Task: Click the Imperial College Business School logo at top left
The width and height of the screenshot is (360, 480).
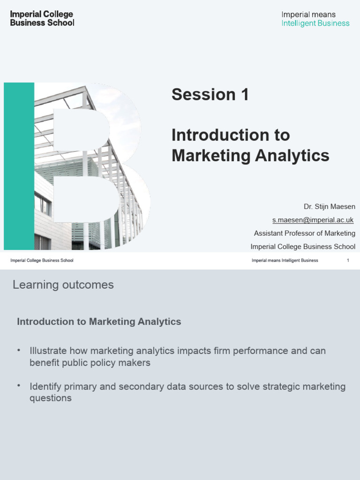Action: pyautogui.click(x=42, y=18)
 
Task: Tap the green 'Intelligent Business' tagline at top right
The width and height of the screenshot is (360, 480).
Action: pyautogui.click(x=315, y=23)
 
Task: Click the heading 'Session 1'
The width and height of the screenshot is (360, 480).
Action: pyautogui.click(x=210, y=95)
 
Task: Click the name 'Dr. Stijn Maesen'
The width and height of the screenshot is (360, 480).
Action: pyautogui.click(x=329, y=207)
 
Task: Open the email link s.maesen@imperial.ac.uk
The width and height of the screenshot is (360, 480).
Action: pyautogui.click(x=313, y=220)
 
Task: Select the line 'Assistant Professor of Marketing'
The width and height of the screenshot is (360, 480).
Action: pyautogui.click(x=304, y=233)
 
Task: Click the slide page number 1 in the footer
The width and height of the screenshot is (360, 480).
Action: pyautogui.click(x=348, y=261)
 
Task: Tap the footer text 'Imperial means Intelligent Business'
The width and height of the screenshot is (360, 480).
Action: pyautogui.click(x=285, y=261)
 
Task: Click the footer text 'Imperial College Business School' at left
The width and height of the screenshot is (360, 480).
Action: pyautogui.click(x=42, y=261)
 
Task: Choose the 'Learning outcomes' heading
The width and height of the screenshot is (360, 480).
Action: pyautogui.click(x=63, y=285)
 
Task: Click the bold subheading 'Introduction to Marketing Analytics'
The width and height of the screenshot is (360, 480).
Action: pyautogui.click(x=99, y=322)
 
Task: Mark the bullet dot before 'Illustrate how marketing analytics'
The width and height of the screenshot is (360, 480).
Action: pyautogui.click(x=19, y=350)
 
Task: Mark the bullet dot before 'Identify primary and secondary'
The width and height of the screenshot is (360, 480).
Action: pyautogui.click(x=19, y=385)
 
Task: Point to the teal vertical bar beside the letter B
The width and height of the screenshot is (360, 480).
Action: pyautogui.click(x=19, y=166)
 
